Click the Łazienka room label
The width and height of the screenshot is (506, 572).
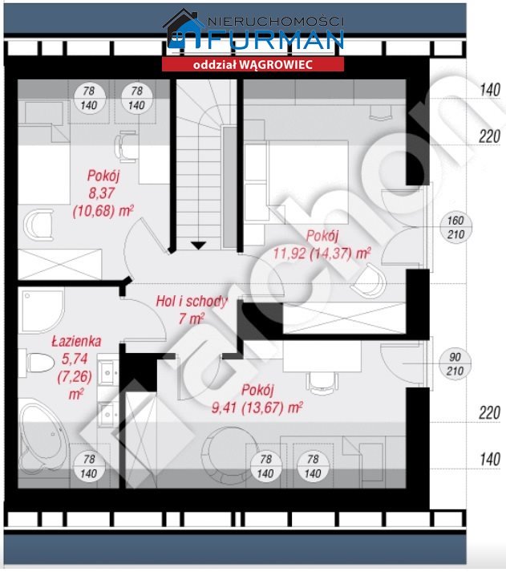click(76, 341)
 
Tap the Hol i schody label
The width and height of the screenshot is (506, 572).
click(192, 302)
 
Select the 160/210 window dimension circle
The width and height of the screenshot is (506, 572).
click(455, 227)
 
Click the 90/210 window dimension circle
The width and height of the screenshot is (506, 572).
click(455, 363)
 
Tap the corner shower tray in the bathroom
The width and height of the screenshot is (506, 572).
click(41, 310)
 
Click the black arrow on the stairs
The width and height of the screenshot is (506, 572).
click(198, 245)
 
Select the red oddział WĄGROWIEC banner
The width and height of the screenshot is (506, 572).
click(253, 64)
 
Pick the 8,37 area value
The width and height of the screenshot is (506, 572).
click(102, 193)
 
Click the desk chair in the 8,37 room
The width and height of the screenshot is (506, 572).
click(126, 147)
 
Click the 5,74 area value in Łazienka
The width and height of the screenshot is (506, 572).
click(75, 359)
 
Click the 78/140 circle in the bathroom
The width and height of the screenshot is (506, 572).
click(89, 466)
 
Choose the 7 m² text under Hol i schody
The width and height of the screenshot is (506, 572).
click(191, 318)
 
